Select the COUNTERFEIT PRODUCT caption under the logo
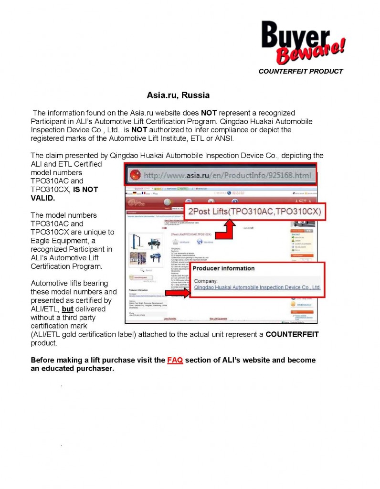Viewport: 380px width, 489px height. click(x=300, y=71)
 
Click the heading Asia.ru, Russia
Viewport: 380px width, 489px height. click(x=178, y=95)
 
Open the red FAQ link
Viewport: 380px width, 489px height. click(x=175, y=360)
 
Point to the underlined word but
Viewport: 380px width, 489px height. click(x=67, y=309)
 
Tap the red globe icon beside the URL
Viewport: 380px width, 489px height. click(x=135, y=175)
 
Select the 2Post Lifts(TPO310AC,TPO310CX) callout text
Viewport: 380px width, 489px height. click(x=254, y=211)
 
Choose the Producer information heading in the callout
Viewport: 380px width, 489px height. click(x=223, y=268)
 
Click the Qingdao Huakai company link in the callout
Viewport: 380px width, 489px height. click(x=257, y=287)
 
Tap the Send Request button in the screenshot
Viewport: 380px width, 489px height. click(x=141, y=277)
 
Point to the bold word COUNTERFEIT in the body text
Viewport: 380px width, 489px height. click(x=292, y=334)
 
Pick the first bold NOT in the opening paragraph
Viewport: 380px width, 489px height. click(x=209, y=113)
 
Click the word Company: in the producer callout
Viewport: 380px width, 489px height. click(x=206, y=281)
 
